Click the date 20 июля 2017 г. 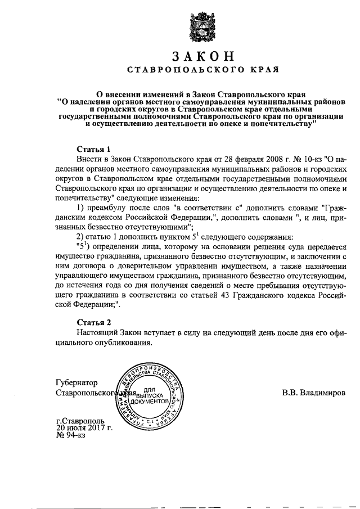84,429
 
